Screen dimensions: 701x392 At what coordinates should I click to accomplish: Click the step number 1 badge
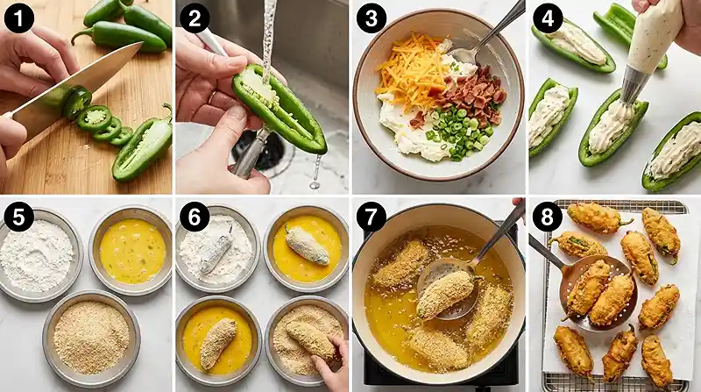18,18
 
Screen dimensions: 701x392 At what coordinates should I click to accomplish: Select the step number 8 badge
547,217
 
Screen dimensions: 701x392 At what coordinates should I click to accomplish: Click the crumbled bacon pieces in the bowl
474,96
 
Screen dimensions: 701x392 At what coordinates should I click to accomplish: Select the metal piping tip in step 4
634,84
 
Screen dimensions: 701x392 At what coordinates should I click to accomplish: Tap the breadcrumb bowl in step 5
92,338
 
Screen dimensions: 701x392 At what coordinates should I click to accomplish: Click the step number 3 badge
371,18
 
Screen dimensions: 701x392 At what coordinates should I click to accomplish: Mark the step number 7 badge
371,217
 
